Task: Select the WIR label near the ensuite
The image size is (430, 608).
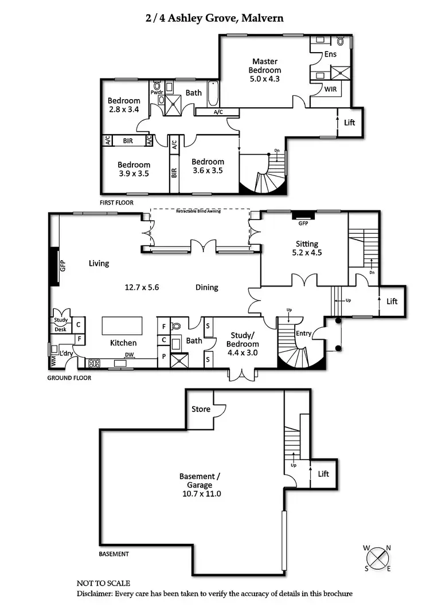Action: [330, 89]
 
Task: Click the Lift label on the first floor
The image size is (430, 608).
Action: [349, 123]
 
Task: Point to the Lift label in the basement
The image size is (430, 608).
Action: [323, 474]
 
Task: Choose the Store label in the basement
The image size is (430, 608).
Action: [201, 409]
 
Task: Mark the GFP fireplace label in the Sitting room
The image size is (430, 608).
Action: [304, 223]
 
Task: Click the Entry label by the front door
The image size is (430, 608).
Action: [303, 333]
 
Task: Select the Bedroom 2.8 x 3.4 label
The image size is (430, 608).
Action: [124, 105]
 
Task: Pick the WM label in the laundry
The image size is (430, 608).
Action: [54, 361]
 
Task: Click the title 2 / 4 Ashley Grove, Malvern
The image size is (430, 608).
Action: [214, 18]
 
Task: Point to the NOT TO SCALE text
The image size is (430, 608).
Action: [103, 583]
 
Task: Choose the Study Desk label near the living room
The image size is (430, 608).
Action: [61, 324]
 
